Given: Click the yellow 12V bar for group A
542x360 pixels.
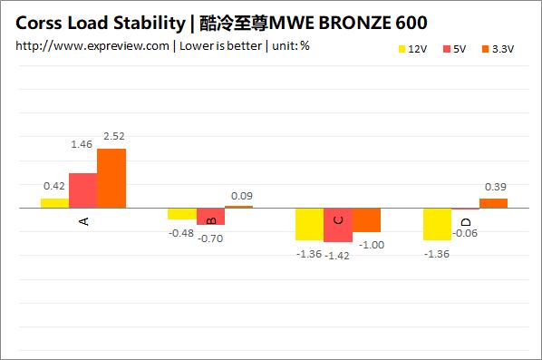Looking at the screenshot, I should pos(54,202).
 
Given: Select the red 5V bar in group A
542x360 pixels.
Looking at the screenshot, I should pos(82,190).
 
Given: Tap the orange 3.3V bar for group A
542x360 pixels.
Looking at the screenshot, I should pos(111,178).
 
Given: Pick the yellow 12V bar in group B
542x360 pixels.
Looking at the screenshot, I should pos(182,213).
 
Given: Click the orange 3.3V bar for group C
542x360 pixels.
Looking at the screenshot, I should pos(366,219).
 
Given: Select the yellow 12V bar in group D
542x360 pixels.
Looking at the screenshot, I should pos(438,223).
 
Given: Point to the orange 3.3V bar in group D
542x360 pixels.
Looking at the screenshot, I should pos(493,203).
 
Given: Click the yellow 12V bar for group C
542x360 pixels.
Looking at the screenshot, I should pos(310,223).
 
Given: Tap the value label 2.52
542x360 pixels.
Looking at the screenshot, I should pos(113,137).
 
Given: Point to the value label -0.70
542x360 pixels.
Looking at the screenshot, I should pos(211,238).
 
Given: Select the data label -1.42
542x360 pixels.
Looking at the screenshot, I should pos(338,256).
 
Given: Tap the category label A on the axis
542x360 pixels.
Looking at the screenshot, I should pos(84,220).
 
